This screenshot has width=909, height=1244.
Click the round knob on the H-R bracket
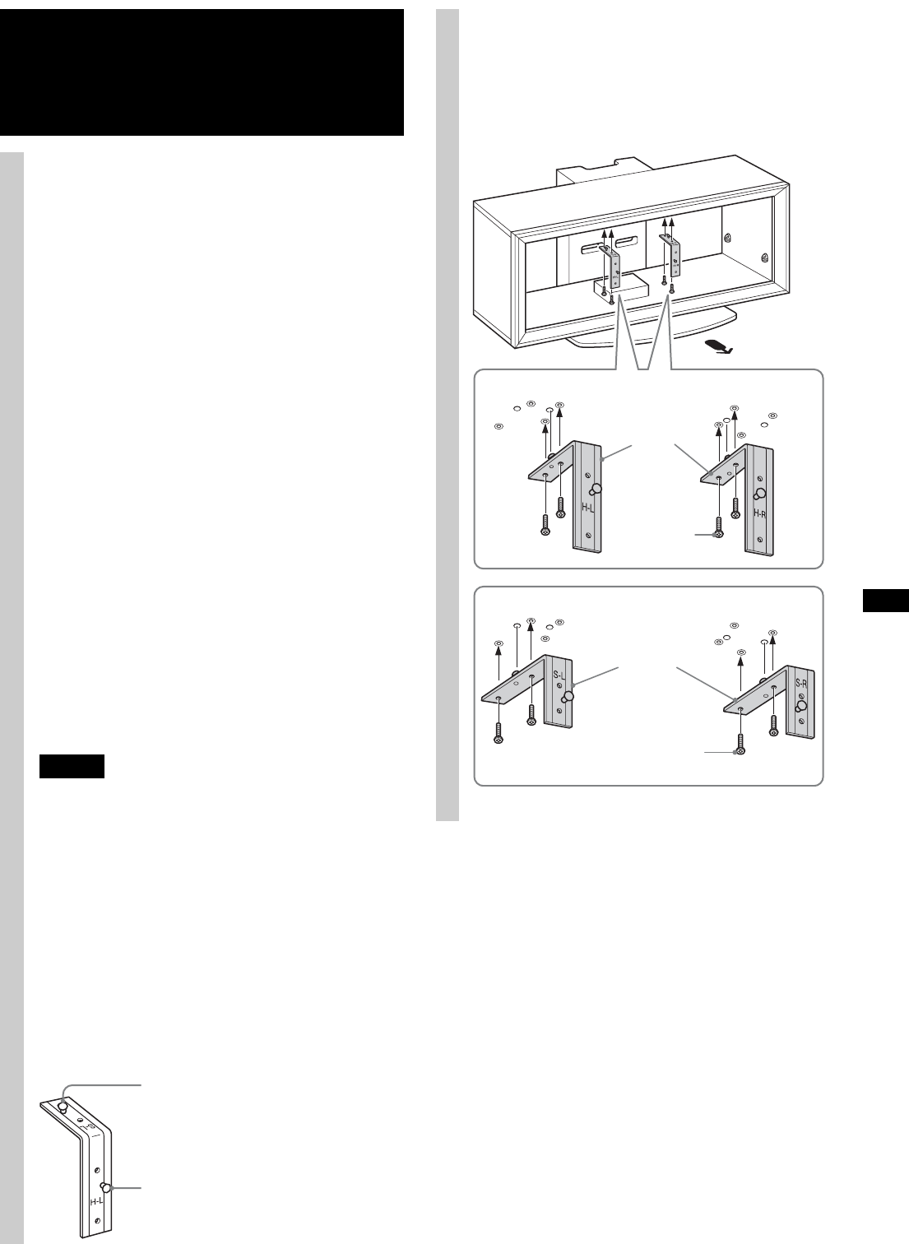(x=761, y=494)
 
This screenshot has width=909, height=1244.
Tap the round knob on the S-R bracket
(x=803, y=705)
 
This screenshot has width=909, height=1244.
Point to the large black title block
(x=202, y=72)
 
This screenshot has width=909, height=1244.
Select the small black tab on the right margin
(x=886, y=601)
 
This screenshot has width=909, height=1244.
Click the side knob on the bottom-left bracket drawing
(x=105, y=1188)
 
